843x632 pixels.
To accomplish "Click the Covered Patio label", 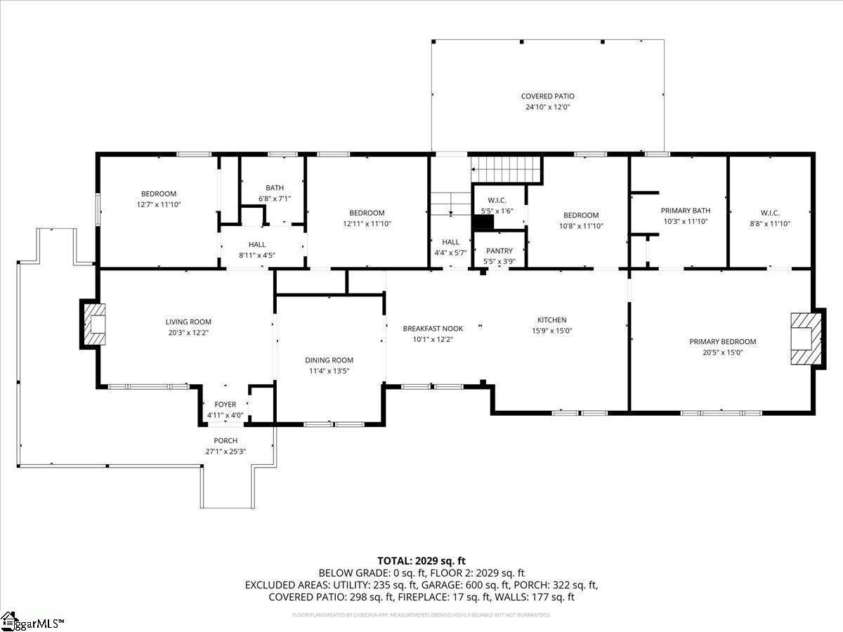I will point(547,96).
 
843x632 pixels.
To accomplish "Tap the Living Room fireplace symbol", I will point(93,324).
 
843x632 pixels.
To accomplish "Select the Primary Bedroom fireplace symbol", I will point(805,338).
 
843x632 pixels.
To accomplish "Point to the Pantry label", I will point(499,251).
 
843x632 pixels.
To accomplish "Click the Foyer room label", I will point(225,404).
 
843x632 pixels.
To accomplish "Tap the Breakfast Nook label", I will point(433,329).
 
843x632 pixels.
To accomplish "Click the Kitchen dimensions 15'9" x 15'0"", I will point(551,331).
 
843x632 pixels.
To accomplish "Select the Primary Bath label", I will point(685,210).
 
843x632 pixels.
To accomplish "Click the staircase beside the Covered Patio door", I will point(506,169).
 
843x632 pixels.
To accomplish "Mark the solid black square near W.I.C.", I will point(483,223).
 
